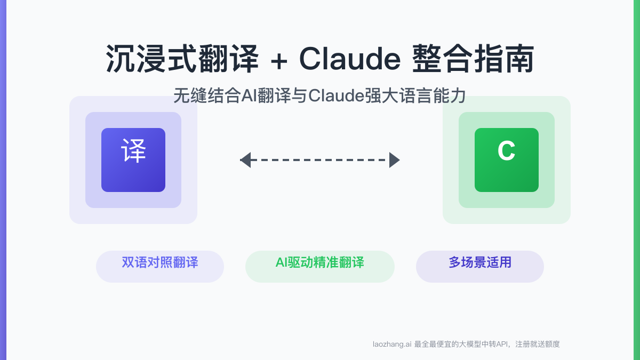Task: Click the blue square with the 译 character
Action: (x=133, y=159)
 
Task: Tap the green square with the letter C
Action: (x=507, y=159)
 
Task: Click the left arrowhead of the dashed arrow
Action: (x=245, y=160)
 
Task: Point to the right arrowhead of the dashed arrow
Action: (x=394, y=160)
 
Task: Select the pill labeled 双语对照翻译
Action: (x=160, y=266)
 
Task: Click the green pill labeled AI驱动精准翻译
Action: (x=320, y=266)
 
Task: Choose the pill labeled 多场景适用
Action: (x=480, y=266)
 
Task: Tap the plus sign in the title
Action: (x=278, y=60)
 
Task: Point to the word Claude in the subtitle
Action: (x=336, y=96)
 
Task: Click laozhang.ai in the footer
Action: (x=392, y=345)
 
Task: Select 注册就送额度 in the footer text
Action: (x=539, y=345)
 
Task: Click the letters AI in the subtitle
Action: (x=250, y=96)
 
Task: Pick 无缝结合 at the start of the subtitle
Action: (x=207, y=96)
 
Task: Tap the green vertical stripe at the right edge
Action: (x=636, y=180)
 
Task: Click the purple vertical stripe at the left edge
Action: (x=3, y=180)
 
